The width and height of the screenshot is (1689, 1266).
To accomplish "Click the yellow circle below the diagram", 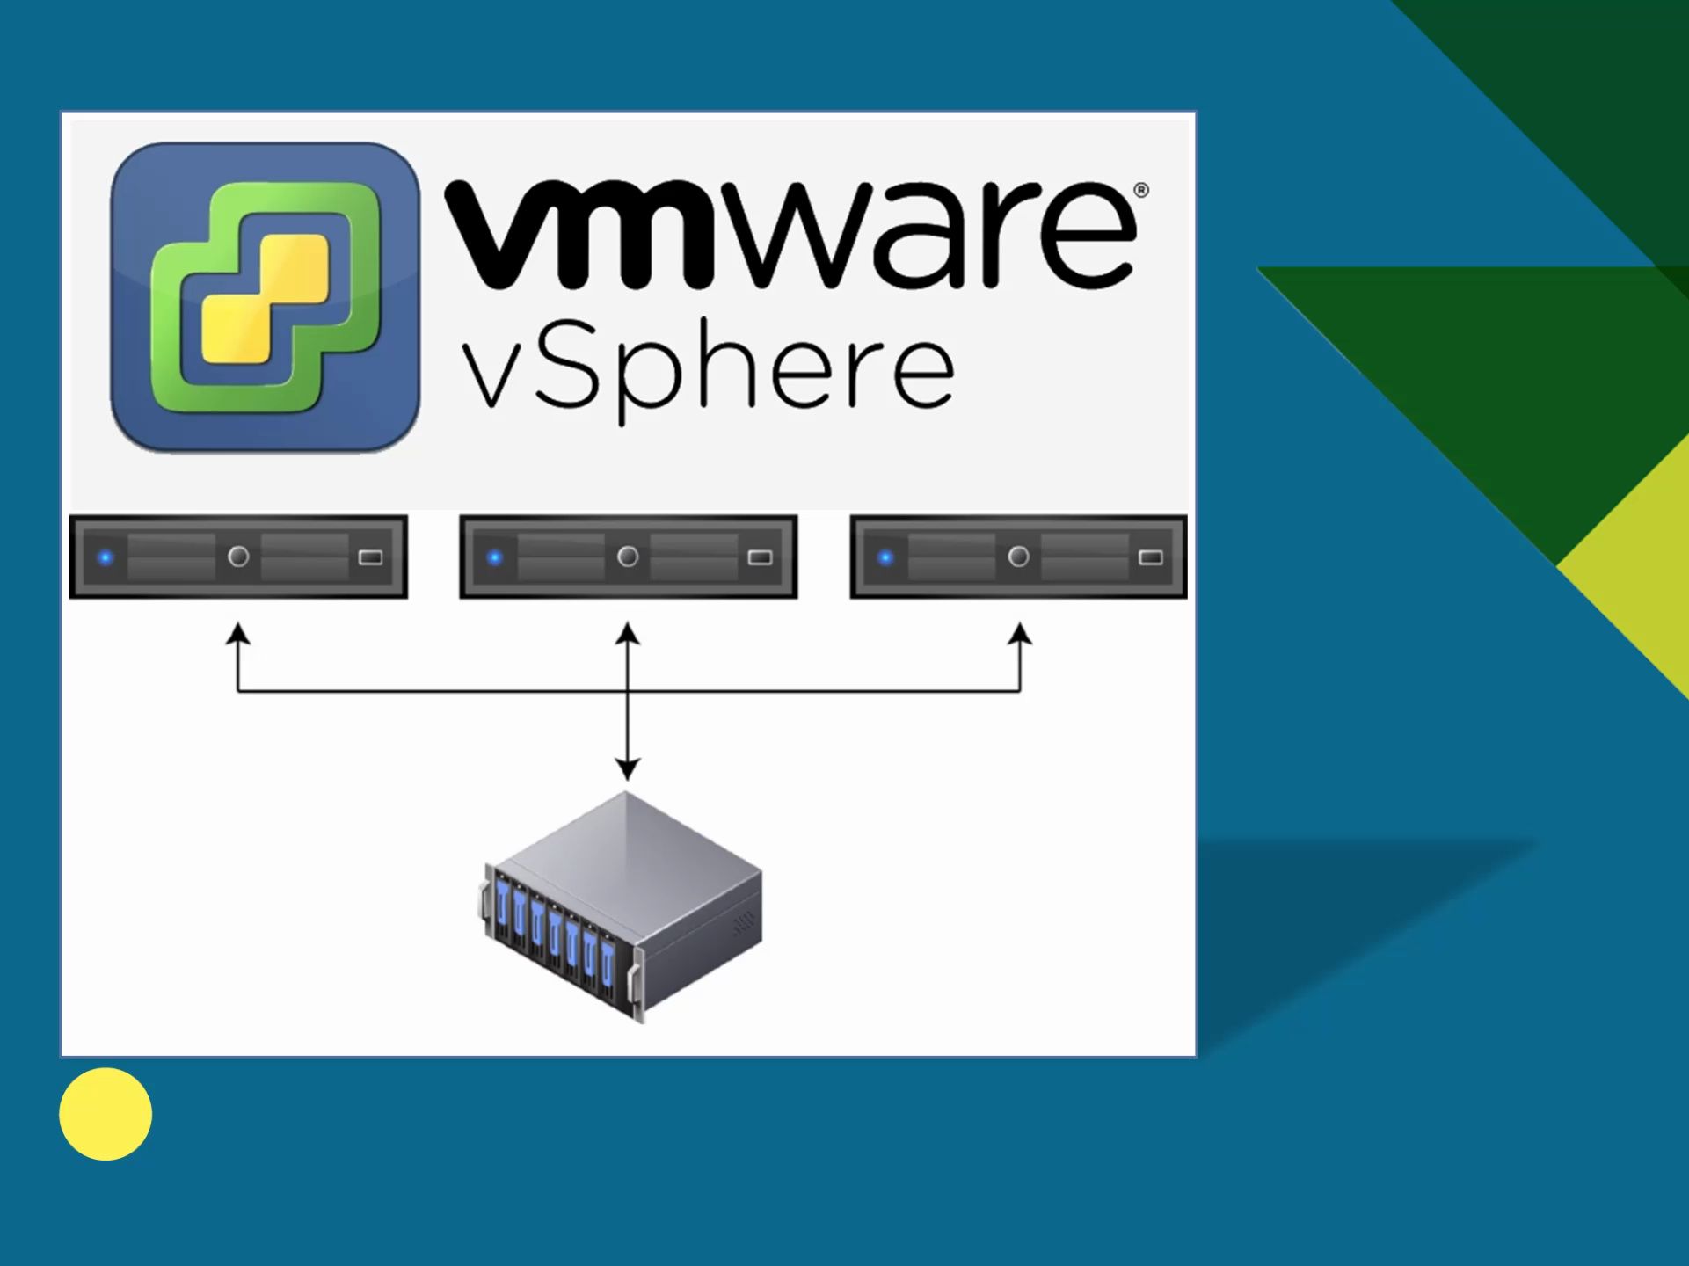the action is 106,1114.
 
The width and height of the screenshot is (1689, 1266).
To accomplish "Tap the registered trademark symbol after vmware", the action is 1140,190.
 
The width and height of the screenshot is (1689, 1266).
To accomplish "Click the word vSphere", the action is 708,374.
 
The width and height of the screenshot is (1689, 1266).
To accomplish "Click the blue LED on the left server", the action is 106,557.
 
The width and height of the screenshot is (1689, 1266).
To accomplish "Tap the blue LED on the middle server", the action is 495,557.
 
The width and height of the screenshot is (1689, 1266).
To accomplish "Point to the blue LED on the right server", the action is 885,557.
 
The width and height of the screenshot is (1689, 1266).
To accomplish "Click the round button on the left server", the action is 238,557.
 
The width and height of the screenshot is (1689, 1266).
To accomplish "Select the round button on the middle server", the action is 628,557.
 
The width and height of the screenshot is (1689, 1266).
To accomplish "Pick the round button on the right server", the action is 1018,557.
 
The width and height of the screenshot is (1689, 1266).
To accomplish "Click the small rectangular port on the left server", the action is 371,557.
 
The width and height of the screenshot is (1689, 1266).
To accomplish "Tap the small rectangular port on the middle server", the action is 761,557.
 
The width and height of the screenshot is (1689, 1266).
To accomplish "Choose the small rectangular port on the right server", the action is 1151,557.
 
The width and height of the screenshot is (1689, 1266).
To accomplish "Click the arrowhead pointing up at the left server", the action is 237,634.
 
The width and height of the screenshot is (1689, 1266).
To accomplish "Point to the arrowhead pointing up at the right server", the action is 1020,634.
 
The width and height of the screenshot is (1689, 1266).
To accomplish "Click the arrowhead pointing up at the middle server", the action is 627,634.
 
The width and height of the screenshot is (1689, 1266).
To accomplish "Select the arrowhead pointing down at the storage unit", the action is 627,769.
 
